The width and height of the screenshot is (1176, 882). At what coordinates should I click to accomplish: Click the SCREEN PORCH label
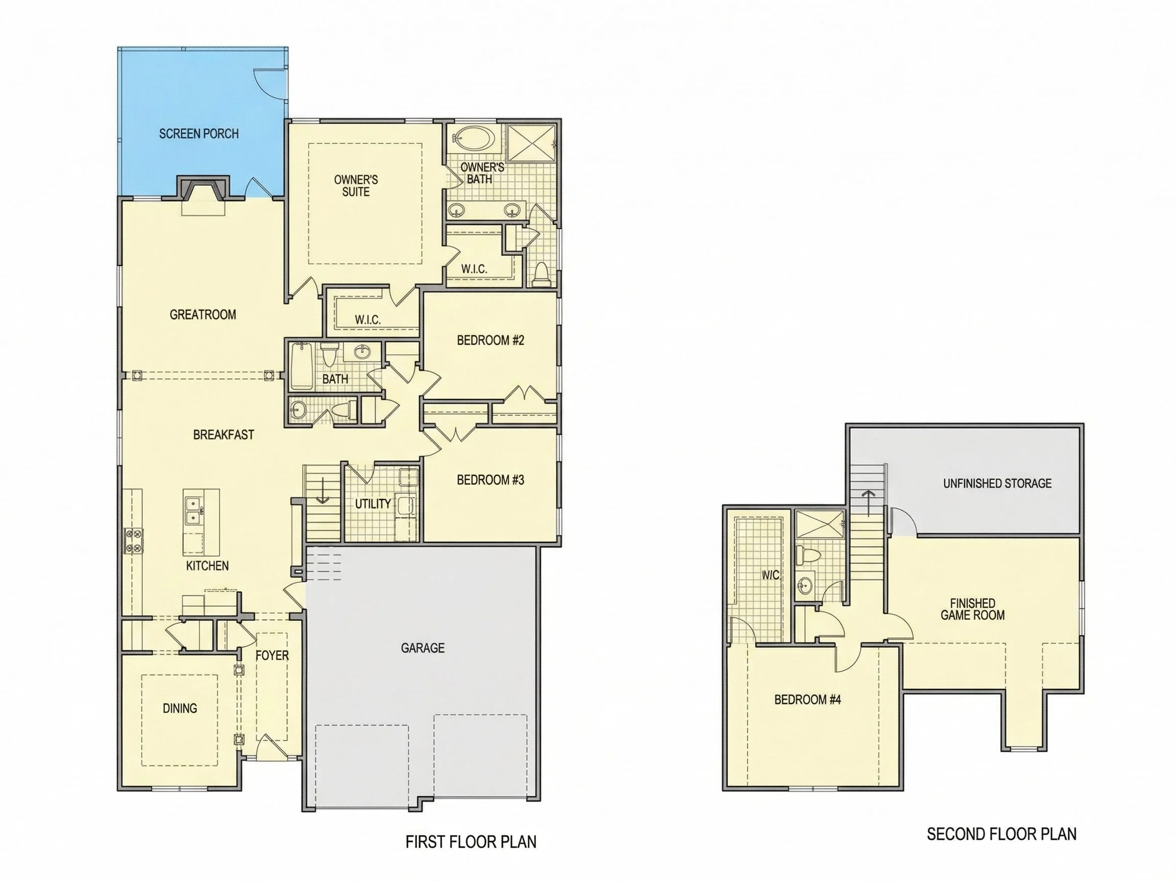tap(199, 133)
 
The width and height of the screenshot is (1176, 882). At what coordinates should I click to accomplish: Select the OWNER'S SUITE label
tap(356, 186)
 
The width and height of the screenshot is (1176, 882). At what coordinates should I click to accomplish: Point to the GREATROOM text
tap(203, 315)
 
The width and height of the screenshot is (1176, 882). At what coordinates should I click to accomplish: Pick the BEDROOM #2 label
tap(490, 340)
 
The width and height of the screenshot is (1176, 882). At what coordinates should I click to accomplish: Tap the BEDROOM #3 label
tap(490, 480)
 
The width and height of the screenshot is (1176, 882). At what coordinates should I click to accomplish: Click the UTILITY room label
tap(373, 503)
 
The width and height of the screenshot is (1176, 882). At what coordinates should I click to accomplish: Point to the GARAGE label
tap(423, 648)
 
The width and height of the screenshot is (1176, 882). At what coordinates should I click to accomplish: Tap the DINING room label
tap(180, 708)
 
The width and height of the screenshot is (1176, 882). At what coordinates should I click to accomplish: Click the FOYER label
tap(272, 655)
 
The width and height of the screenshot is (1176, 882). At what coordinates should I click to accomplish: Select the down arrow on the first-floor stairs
tap(323, 490)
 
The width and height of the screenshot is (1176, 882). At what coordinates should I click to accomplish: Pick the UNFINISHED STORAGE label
tap(997, 483)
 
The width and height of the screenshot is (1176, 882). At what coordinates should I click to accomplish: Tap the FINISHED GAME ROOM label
tap(972, 609)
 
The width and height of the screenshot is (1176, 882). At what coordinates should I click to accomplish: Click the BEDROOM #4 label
tap(807, 700)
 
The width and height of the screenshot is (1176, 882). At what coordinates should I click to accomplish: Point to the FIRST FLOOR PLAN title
tap(471, 842)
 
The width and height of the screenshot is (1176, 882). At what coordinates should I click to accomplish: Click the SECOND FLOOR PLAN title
tap(1001, 834)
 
